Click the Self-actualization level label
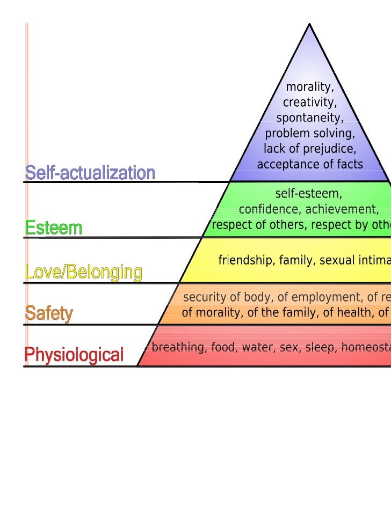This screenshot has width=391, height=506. [90, 173]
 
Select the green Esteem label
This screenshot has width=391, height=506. [53, 228]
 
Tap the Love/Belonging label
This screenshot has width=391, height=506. [83, 273]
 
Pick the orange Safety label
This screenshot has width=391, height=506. [49, 313]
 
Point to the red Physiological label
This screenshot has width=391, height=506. [74, 355]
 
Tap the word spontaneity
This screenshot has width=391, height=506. [310, 118]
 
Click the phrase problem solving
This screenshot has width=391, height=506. [310, 133]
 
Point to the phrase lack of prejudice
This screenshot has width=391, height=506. [310, 148]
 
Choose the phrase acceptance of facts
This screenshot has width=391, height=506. [310, 164]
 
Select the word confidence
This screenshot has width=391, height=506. [266, 209]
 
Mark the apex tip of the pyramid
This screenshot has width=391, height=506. [309, 25]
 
